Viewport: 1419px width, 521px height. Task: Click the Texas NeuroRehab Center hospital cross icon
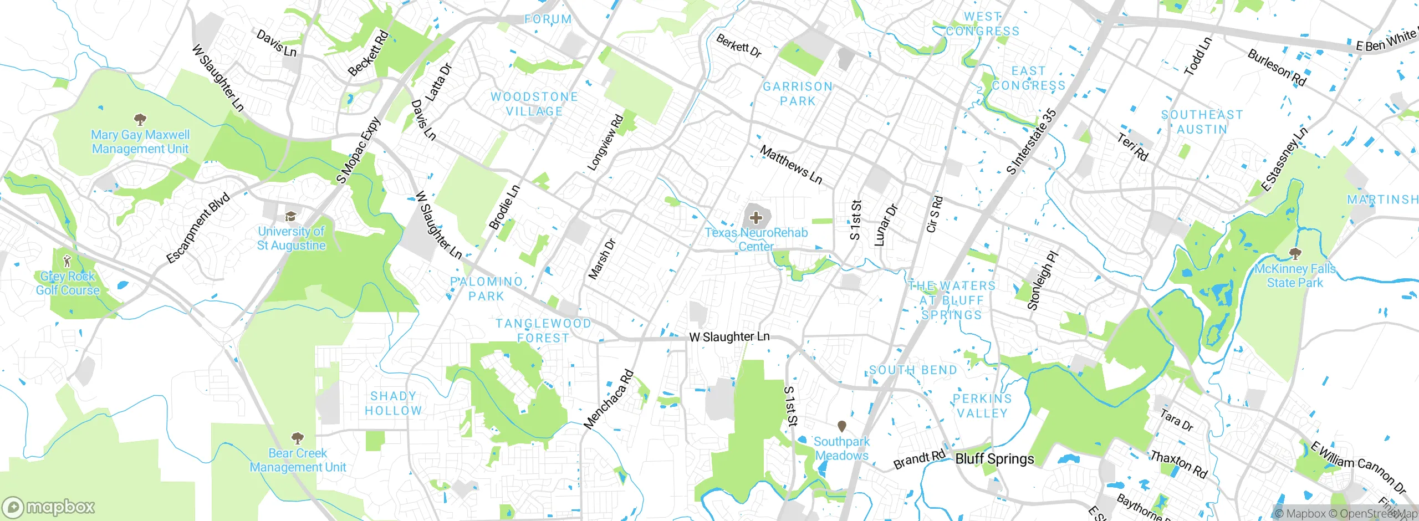pyautogui.click(x=756, y=218)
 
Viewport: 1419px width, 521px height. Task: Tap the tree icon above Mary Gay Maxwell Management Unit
pyautogui.click(x=140, y=119)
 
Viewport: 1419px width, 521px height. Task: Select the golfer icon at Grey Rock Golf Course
pyautogui.click(x=68, y=260)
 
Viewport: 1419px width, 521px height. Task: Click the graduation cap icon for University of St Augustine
pyautogui.click(x=290, y=216)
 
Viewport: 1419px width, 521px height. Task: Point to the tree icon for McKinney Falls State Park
pyautogui.click(x=1295, y=254)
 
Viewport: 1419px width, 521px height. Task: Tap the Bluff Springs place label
pyautogui.click(x=994, y=459)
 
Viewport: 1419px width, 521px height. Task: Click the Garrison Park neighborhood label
pyautogui.click(x=798, y=94)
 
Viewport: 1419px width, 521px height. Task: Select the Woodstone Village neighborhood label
pyautogui.click(x=534, y=104)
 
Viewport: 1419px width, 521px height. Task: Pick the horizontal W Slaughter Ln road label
pyautogui.click(x=729, y=336)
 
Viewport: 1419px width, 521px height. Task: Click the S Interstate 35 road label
pyautogui.click(x=1032, y=142)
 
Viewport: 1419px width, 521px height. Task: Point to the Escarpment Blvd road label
pyautogui.click(x=198, y=228)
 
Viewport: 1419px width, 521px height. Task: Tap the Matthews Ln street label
pyautogui.click(x=791, y=165)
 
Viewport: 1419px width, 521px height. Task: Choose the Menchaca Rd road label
pyautogui.click(x=608, y=400)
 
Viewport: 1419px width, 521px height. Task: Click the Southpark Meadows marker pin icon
pyautogui.click(x=841, y=426)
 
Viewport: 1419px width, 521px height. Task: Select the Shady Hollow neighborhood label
pyautogui.click(x=393, y=403)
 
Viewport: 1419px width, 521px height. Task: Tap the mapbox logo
pyautogui.click(x=49, y=507)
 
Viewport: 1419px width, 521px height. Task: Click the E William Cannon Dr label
pyautogui.click(x=1358, y=467)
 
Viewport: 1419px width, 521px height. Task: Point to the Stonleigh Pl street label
pyautogui.click(x=1043, y=280)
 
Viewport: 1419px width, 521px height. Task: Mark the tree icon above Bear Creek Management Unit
pyautogui.click(x=298, y=438)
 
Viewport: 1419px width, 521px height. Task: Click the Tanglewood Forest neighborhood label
pyautogui.click(x=543, y=330)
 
